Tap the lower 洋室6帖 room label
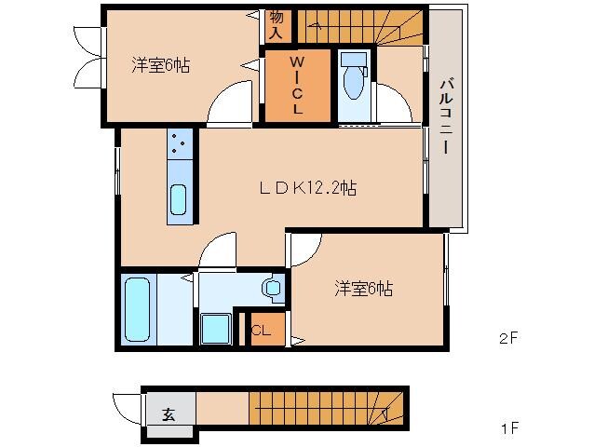point(363,289)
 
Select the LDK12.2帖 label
point(308,188)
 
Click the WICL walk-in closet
point(297,85)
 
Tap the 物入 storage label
point(277,23)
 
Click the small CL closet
point(262,329)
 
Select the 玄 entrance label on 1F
point(169,414)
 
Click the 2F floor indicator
point(507,339)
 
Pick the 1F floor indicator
point(507,429)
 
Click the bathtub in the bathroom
point(138,307)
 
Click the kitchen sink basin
point(177,199)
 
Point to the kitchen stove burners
point(178,144)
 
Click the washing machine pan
point(216,329)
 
